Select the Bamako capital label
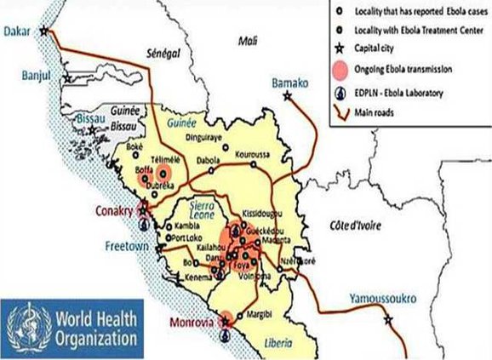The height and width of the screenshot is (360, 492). (x=289, y=83)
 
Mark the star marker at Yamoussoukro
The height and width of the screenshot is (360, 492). (x=388, y=320)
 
